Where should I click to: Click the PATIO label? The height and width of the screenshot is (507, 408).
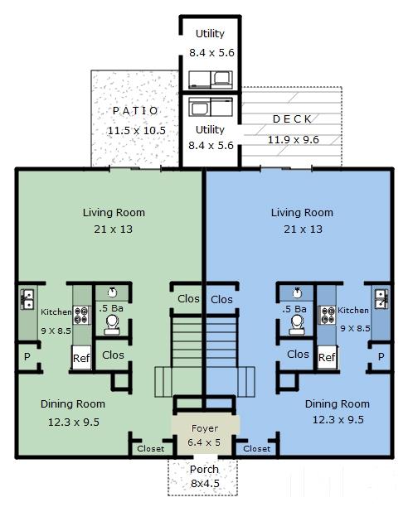click(x=135, y=111)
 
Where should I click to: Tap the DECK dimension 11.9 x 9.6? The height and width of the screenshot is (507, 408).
click(x=293, y=140)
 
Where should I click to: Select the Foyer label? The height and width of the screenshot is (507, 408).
click(x=205, y=429)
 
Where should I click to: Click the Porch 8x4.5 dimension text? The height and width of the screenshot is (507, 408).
click(x=205, y=484)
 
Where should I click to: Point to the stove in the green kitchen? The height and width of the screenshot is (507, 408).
click(x=81, y=316)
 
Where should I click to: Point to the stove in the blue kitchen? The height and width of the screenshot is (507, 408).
click(x=328, y=316)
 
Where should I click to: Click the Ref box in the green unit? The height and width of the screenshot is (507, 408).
click(x=81, y=358)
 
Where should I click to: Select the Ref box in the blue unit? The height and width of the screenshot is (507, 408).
click(x=327, y=357)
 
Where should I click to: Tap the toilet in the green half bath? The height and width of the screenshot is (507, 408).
click(x=112, y=325)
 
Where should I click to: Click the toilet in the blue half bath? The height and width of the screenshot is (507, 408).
click(x=297, y=325)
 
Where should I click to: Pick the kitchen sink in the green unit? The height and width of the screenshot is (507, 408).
click(x=27, y=299)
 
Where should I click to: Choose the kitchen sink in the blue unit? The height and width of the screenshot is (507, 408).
click(x=381, y=299)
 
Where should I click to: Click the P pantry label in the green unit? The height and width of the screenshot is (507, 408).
click(x=27, y=357)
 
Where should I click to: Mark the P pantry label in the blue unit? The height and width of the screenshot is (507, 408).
click(x=381, y=357)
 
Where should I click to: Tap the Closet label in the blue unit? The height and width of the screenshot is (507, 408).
click(x=256, y=449)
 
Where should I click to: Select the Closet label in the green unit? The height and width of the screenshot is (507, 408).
click(x=150, y=449)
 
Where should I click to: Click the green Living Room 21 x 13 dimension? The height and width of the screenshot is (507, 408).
click(x=114, y=229)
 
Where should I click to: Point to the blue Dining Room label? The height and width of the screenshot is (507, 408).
click(x=338, y=403)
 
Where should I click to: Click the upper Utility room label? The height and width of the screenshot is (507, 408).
click(x=210, y=34)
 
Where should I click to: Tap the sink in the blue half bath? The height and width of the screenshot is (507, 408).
click(x=297, y=292)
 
